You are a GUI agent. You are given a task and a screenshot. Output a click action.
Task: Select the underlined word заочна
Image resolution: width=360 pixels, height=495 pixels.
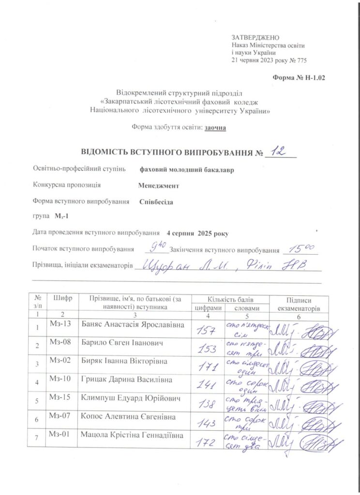point(215,127)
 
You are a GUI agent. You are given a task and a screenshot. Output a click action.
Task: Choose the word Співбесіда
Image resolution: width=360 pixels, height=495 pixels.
point(156,202)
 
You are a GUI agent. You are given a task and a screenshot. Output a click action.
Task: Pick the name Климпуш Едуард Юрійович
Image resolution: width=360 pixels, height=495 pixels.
point(125,398)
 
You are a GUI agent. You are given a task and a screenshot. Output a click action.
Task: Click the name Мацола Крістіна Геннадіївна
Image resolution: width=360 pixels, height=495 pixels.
point(132,436)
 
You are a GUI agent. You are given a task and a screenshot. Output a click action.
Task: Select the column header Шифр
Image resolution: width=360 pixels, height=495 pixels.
point(63,298)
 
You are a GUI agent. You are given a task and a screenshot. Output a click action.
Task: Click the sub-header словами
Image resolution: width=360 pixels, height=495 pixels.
point(246,308)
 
